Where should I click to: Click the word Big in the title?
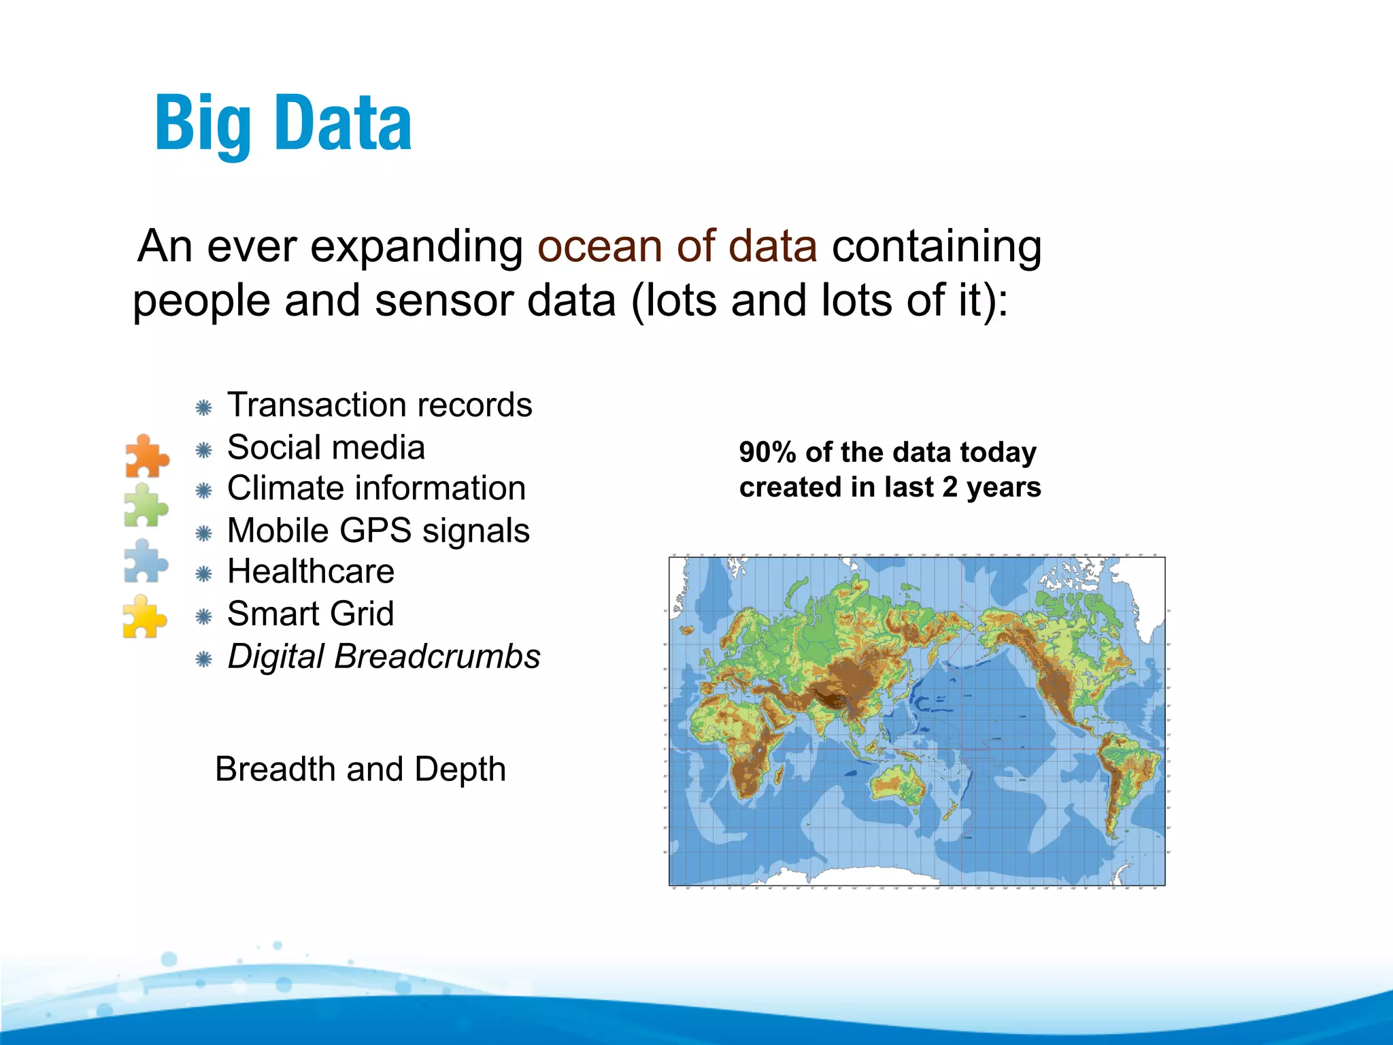203,124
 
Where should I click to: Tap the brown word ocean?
598,246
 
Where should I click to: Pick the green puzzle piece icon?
146,505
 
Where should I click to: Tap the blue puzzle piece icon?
146,561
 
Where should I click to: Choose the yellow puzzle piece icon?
144,616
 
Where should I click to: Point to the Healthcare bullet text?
310,571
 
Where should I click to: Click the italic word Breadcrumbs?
437,657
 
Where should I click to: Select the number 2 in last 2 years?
950,488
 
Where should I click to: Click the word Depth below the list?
460,769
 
